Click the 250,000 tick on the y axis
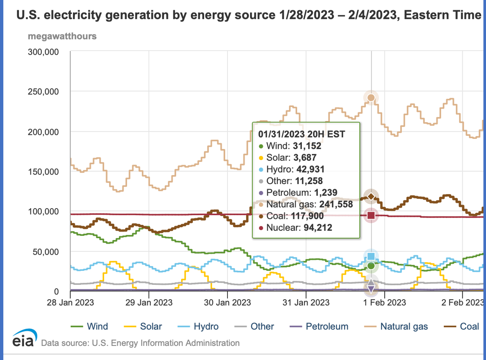43,91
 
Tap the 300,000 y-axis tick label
43,52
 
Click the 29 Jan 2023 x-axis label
149,302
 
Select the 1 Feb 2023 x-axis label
385,302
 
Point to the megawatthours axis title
62,36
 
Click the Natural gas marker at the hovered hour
371,98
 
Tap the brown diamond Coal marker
371,196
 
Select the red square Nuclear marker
371,216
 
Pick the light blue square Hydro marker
371,256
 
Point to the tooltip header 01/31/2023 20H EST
302,134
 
